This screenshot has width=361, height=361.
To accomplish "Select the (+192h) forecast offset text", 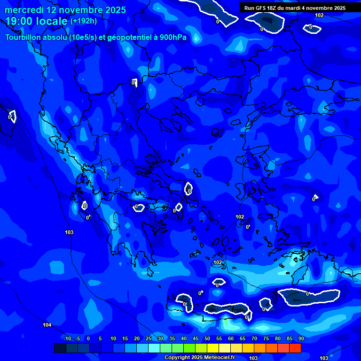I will click(x=84, y=21).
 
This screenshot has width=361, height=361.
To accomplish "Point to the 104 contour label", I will click(x=47, y=325).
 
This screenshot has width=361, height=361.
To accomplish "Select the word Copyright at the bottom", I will click(x=178, y=358).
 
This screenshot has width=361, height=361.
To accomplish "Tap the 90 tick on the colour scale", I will click(x=301, y=338).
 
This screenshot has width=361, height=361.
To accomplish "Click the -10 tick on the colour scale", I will click(x=67, y=338).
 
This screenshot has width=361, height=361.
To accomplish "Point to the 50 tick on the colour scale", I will click(x=207, y=338).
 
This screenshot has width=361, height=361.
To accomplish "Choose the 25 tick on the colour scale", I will click(x=148, y=338).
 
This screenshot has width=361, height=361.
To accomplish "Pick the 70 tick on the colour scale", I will click(x=254, y=338).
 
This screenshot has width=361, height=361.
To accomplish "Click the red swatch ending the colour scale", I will click(x=295, y=348).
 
